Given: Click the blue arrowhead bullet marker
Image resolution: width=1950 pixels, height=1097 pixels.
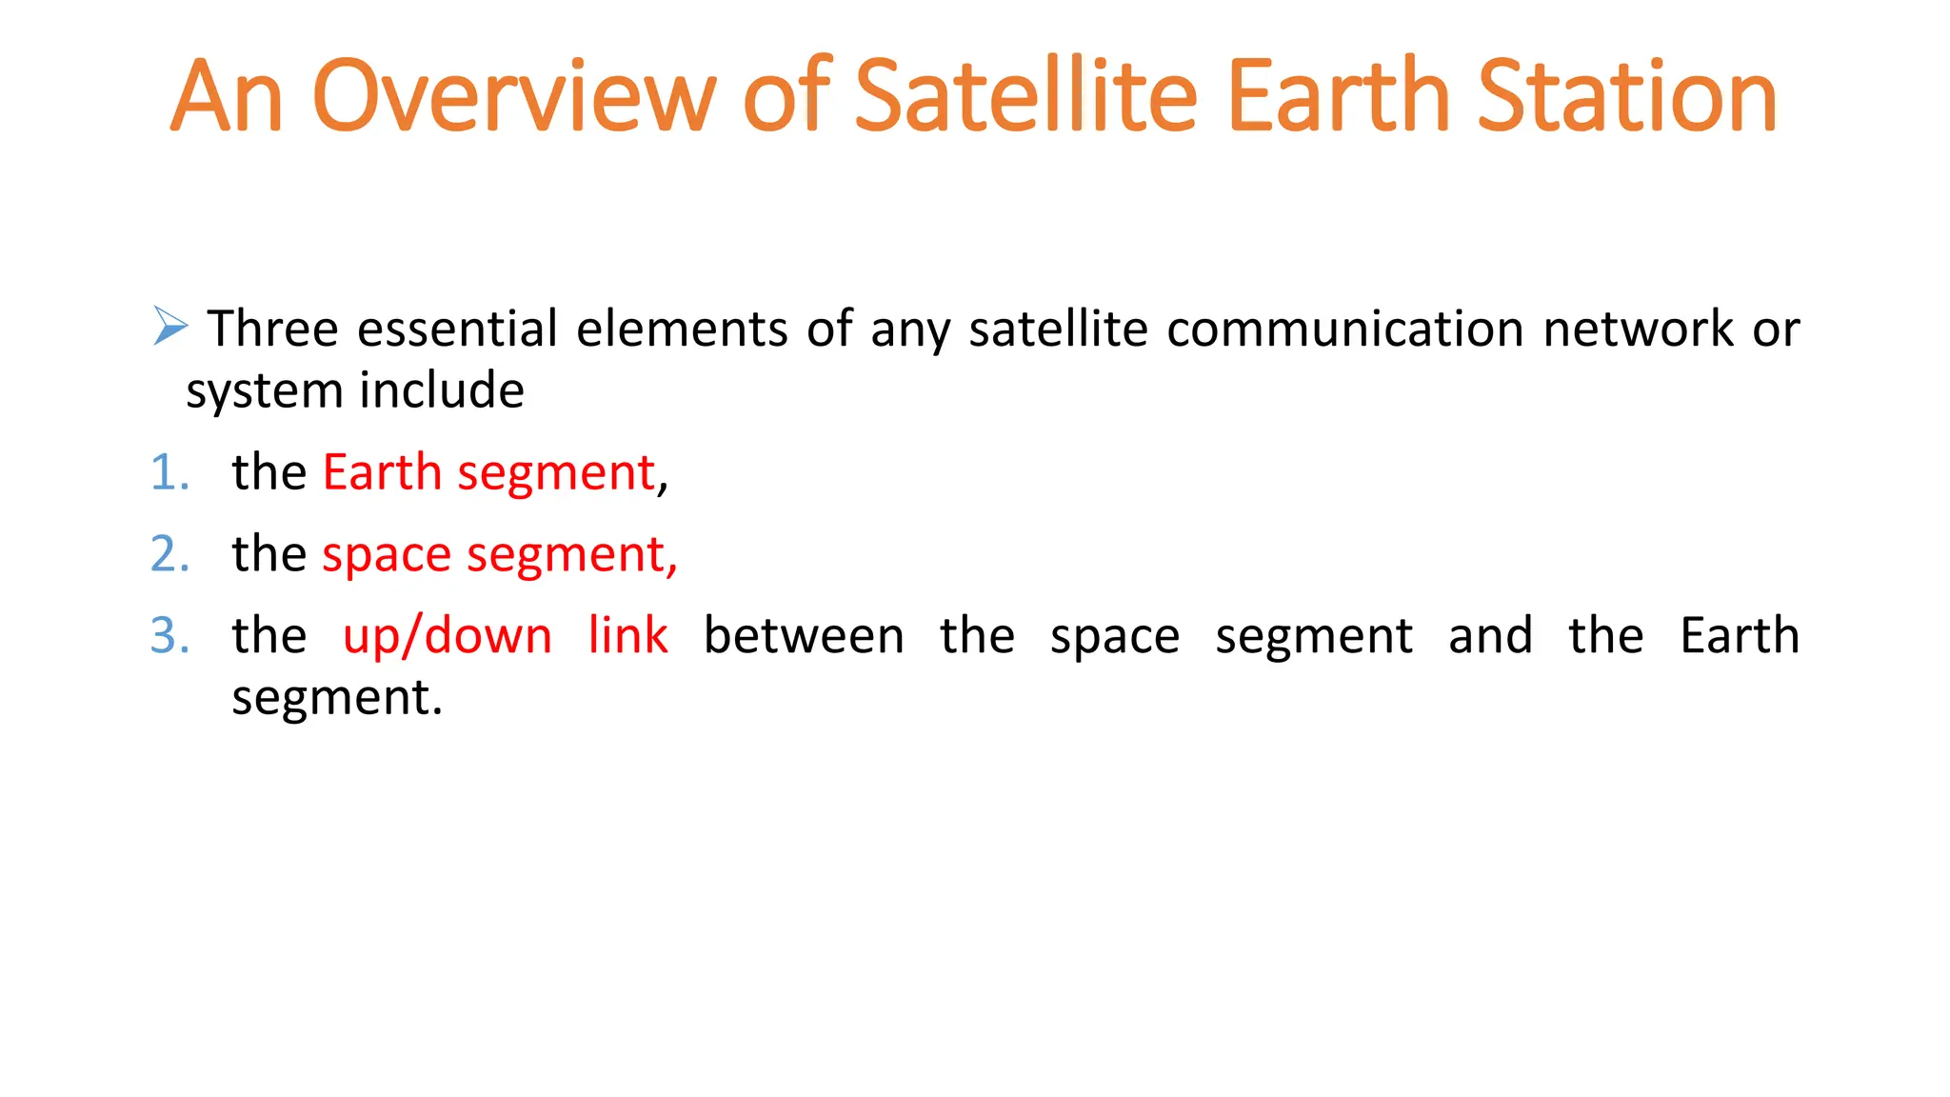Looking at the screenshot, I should (x=170, y=326).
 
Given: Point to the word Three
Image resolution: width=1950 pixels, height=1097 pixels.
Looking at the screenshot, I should (x=273, y=329).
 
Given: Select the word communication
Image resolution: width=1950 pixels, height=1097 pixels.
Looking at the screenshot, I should (x=1345, y=329).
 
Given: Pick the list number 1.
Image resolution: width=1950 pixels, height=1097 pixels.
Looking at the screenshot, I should (x=169, y=473).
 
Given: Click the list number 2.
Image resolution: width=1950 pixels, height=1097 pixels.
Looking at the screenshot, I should (x=169, y=554).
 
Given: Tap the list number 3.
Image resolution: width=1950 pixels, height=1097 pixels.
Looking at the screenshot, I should (x=169, y=636).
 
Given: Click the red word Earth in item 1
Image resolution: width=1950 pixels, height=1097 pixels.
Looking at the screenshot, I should (x=382, y=473).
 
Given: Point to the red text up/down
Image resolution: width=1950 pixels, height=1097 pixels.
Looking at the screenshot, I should (x=448, y=636).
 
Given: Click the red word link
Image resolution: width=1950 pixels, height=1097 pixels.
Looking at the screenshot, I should (x=627, y=636).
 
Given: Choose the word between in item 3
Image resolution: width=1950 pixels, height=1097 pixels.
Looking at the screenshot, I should (x=804, y=636).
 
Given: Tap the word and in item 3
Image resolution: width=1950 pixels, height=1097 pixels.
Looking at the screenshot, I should (x=1490, y=636).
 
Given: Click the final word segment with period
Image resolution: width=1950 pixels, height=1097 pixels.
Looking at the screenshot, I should (x=337, y=699).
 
